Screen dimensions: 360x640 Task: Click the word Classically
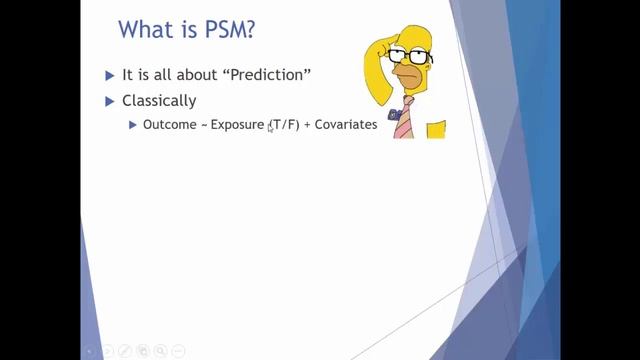coord(158,101)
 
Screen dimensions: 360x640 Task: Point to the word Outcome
coord(169,125)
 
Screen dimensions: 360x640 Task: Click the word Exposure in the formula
coord(236,125)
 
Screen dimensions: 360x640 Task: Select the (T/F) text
coord(284,125)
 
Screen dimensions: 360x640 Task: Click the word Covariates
coord(346,125)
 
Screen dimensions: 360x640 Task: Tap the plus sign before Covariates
coord(308,125)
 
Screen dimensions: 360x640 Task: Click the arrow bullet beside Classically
coord(111,101)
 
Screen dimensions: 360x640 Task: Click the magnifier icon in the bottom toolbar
coord(161,351)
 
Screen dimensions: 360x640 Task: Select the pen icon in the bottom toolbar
coord(126,351)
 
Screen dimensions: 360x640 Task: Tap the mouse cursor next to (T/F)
coord(270,128)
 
